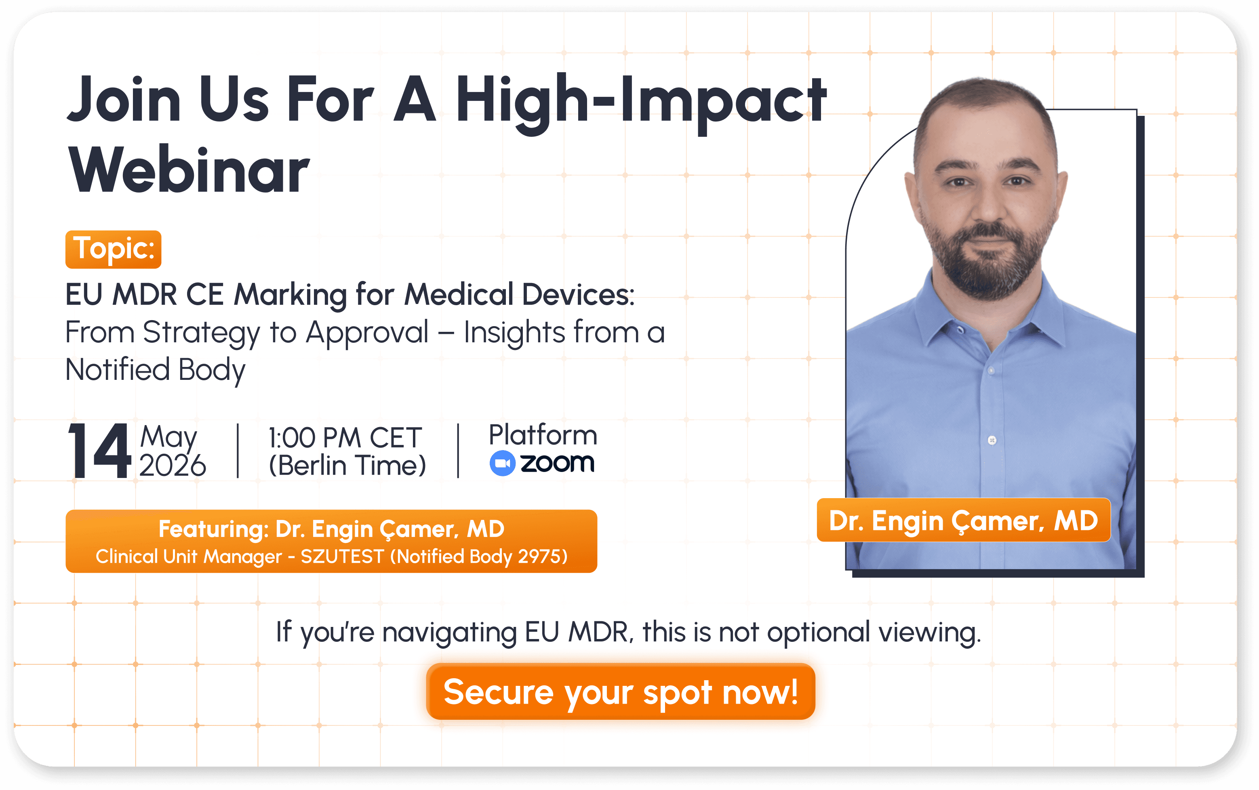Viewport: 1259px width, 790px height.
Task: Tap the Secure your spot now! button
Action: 621,691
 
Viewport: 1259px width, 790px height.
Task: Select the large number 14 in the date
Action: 99,451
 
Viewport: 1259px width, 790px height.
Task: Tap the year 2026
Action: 173,465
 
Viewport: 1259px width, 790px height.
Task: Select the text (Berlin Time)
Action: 347,465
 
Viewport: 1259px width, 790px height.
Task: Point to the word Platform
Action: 543,435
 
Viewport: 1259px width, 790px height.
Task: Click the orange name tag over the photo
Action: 964,520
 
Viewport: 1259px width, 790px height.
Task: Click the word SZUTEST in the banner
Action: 343,556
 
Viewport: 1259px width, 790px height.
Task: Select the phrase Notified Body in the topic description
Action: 155,370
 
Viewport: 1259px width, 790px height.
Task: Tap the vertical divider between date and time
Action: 238,451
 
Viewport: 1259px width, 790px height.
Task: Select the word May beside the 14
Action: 168,437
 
